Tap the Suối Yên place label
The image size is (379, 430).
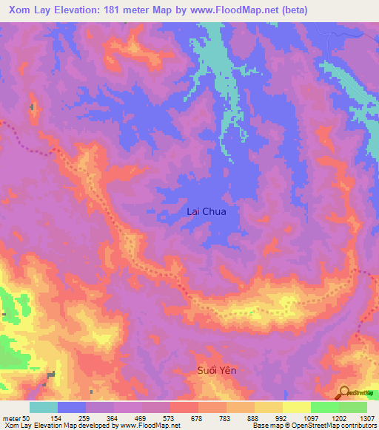[216, 370]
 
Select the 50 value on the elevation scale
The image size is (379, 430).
[26, 419]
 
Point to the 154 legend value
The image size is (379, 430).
[56, 419]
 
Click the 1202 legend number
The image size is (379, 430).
[338, 419]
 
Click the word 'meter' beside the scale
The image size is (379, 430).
[11, 419]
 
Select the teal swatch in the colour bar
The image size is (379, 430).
[43, 407]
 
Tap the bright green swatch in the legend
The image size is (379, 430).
[324, 407]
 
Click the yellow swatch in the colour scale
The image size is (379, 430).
[296, 407]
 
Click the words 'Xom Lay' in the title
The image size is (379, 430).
[27, 10]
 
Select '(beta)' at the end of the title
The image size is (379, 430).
[291, 10]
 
